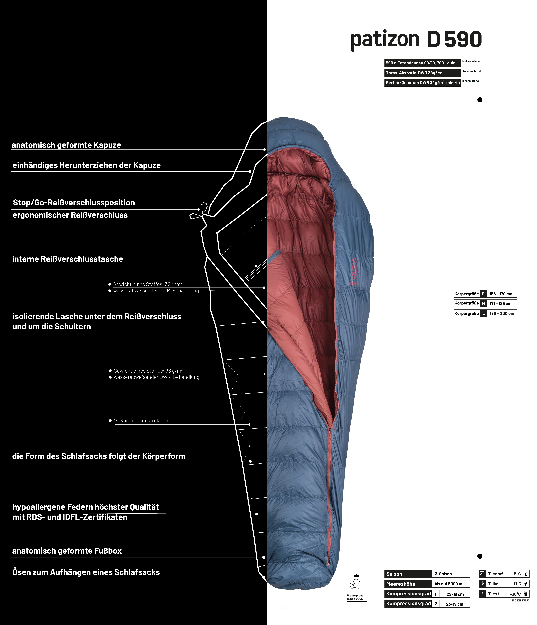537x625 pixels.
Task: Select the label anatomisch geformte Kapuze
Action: (x=66, y=145)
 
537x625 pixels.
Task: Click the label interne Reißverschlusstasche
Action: (x=68, y=259)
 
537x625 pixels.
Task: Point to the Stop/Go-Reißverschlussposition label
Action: (x=74, y=203)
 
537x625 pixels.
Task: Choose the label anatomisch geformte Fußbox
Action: (x=67, y=551)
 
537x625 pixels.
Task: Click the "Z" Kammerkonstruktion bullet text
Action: (x=141, y=420)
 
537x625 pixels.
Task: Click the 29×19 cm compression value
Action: (x=455, y=594)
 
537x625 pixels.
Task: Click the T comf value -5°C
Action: (x=516, y=574)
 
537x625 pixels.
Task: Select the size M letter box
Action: (x=483, y=303)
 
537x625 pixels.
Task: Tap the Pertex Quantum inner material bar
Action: (x=423, y=83)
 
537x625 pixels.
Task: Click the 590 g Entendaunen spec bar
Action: (x=423, y=63)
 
